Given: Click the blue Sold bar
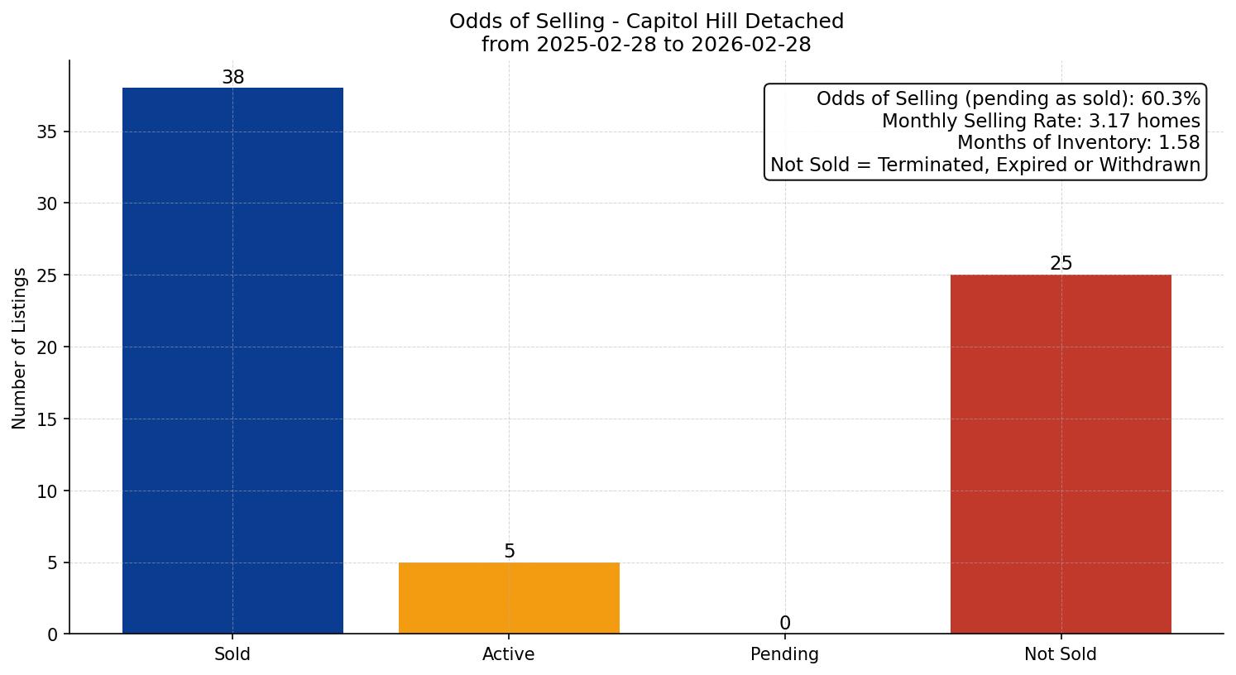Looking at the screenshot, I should [232, 361].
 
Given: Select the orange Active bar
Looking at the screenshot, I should [509, 598].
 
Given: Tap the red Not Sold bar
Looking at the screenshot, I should [1061, 454].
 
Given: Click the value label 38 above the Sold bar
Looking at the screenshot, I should [233, 78].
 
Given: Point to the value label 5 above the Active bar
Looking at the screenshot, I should [510, 552].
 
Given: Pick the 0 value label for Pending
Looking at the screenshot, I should [785, 624].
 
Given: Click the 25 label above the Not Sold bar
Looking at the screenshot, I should [1061, 264].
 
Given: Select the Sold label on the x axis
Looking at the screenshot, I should [232, 654].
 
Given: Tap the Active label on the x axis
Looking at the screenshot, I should [509, 654].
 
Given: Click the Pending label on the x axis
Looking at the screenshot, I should [784, 654].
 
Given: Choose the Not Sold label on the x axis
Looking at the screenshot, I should [1061, 654].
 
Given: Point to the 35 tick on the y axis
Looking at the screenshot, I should [47, 132].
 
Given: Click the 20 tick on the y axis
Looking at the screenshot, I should [47, 347].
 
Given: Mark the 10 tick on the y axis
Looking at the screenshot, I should [47, 491].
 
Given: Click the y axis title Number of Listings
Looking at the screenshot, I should [20, 347].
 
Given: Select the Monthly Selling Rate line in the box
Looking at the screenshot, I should [1041, 122].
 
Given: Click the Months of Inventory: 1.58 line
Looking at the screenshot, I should [1078, 143].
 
